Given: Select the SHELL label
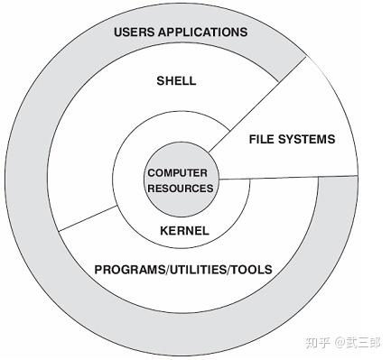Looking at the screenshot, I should coord(176,81).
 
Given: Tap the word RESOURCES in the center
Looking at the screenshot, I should coord(181,189).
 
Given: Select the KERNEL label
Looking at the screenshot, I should coord(183,231).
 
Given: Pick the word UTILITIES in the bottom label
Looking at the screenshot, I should coord(197,269).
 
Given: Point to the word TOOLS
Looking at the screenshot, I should coord(251,269).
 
